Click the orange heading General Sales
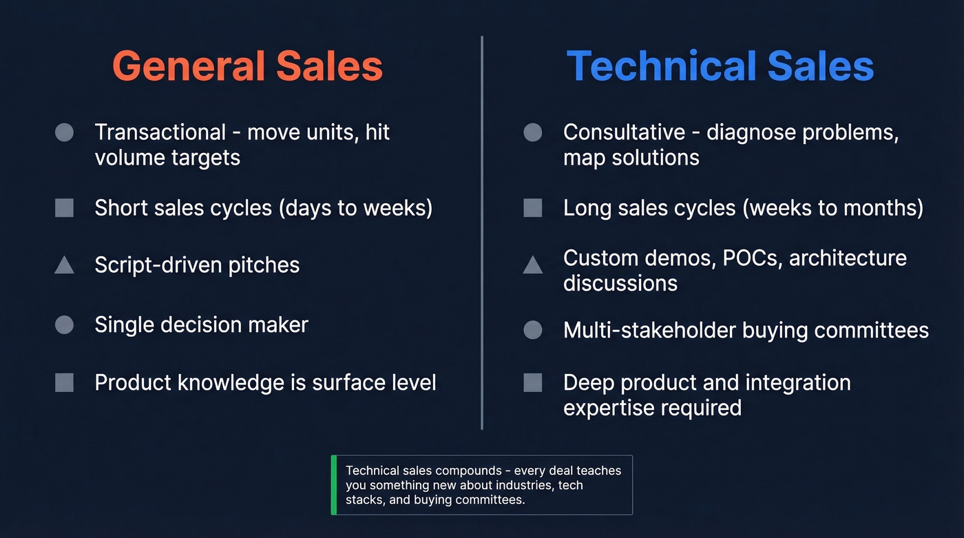[x=247, y=67]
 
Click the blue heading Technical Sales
[x=720, y=67]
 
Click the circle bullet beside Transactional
[x=64, y=132]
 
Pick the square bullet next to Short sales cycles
[x=64, y=208]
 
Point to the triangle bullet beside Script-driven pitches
[x=64, y=265]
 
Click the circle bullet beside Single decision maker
[x=64, y=324]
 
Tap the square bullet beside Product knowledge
[x=64, y=382]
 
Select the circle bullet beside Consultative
[x=532, y=132]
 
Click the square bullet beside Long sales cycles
[x=532, y=208]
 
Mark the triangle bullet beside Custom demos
[x=532, y=265]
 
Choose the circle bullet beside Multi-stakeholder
[x=532, y=330]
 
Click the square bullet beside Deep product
[x=532, y=382]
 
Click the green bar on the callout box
[x=334, y=485]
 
